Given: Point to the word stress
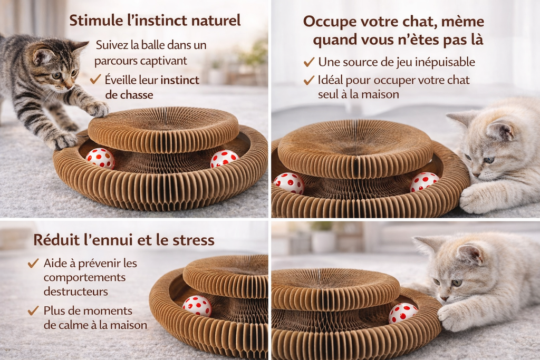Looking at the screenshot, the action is click(x=194, y=240).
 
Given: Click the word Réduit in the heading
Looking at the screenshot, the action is click(x=56, y=240).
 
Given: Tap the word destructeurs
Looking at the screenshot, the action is click(x=76, y=291).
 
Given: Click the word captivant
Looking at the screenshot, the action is click(x=165, y=61).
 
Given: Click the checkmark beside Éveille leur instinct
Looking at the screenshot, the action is click(x=95, y=80).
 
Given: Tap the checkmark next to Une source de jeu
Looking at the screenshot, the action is click(x=309, y=62).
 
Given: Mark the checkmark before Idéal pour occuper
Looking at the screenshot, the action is click(x=309, y=80).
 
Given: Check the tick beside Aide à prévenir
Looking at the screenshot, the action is click(x=33, y=264).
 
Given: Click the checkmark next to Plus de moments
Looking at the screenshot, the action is click(x=33, y=311).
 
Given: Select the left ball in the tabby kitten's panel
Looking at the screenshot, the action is click(x=100, y=158).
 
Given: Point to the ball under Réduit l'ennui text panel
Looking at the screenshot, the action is click(x=197, y=306).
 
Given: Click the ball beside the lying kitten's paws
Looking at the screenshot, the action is click(x=402, y=313).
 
